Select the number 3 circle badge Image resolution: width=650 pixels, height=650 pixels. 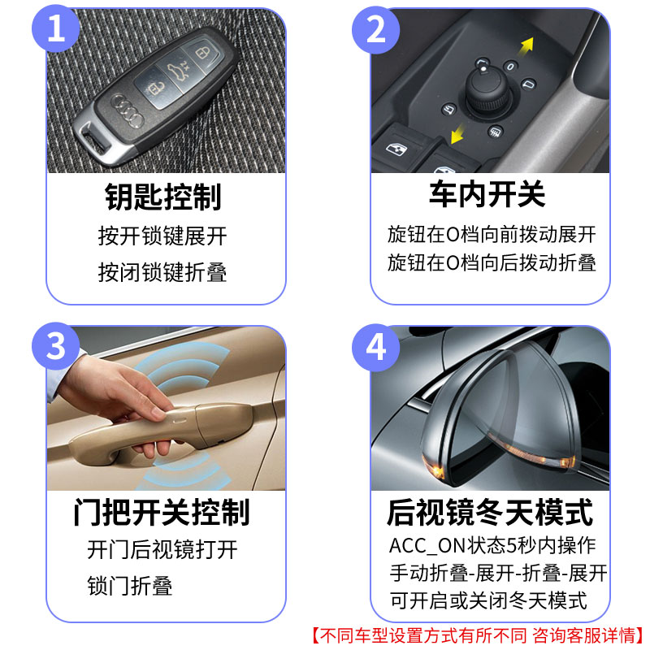pyautogui.click(x=54, y=347)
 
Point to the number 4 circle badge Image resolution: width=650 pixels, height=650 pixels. pyautogui.click(x=377, y=347)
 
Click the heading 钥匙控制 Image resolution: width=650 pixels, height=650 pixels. pyautogui.click(x=163, y=196)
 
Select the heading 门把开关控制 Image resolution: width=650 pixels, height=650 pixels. pyautogui.click(x=161, y=513)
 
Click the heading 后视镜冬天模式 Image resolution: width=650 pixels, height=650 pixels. pyautogui.click(x=490, y=513)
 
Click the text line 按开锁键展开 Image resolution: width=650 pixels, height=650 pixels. pyautogui.click(x=162, y=236)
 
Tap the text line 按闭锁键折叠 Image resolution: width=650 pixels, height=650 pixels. pyautogui.click(x=162, y=271)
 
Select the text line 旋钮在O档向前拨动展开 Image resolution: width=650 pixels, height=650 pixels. pyautogui.click(x=492, y=236)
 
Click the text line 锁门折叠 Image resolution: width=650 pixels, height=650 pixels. pyautogui.click(x=130, y=586)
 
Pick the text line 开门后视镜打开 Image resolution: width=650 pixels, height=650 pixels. pyautogui.click(x=162, y=549)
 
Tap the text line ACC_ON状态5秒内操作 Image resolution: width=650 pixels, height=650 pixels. pyautogui.click(x=492, y=545)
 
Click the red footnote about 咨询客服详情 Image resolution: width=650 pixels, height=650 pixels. pyautogui.click(x=479, y=635)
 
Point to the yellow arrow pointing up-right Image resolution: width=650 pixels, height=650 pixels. pyautogui.click(x=526, y=44)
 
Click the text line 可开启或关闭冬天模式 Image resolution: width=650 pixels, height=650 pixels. pyautogui.click(x=487, y=601)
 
